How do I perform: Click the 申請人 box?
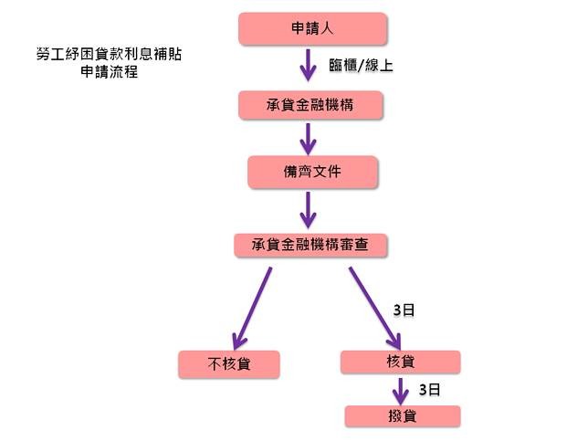click(x=312, y=29)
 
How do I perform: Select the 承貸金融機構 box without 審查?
click(x=310, y=105)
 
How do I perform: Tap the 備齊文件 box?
click(x=312, y=173)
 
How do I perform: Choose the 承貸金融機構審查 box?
click(x=310, y=246)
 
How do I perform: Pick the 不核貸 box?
click(x=229, y=364)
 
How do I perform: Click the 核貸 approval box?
click(x=401, y=362)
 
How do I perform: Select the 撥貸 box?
click(x=403, y=416)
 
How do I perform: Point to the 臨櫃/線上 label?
click(x=361, y=65)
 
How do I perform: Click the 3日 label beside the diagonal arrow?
click(x=404, y=310)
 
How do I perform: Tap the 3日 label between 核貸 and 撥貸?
click(x=429, y=390)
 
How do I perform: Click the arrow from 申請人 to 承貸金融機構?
click(x=308, y=65)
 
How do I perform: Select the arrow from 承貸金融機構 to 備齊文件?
click(x=308, y=139)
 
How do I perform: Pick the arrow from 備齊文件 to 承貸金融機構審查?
click(x=308, y=210)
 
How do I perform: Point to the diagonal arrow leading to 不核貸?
click(x=252, y=309)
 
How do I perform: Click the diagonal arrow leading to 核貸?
click(x=375, y=309)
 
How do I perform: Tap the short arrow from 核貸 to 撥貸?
click(x=401, y=391)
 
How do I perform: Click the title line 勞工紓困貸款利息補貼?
click(x=110, y=55)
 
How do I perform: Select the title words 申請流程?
click(x=110, y=71)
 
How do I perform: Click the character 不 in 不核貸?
click(x=215, y=364)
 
